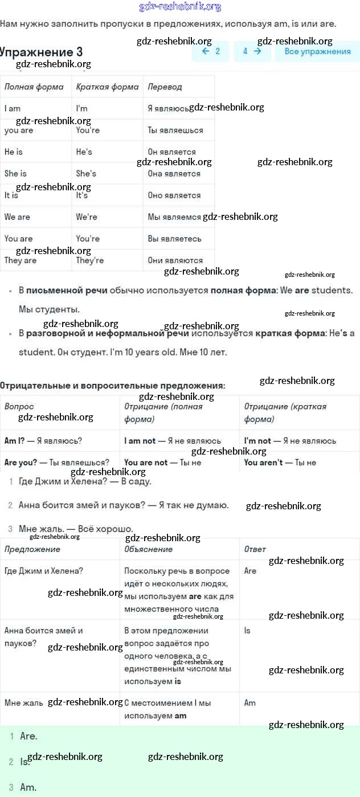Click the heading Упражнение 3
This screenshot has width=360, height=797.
(x=42, y=52)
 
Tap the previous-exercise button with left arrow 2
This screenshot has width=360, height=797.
(x=210, y=51)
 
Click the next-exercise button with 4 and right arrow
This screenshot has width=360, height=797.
(x=252, y=51)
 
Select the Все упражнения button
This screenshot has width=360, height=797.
(x=317, y=51)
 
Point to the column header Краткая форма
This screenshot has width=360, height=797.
(x=107, y=87)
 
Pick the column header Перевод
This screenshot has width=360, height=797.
(x=165, y=87)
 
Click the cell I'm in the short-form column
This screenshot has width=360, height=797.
(x=82, y=108)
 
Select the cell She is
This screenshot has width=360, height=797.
(x=15, y=173)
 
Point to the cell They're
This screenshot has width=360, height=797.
(x=90, y=260)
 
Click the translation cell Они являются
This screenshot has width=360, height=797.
(x=175, y=260)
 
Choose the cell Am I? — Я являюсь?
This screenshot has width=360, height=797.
(x=43, y=440)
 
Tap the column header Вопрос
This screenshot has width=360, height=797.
(x=19, y=407)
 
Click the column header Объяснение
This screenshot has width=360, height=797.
(x=148, y=549)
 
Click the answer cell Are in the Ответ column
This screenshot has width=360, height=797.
(x=250, y=570)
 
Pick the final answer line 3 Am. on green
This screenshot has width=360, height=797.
(x=28, y=787)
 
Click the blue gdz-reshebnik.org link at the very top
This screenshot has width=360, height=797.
(x=180, y=7)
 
